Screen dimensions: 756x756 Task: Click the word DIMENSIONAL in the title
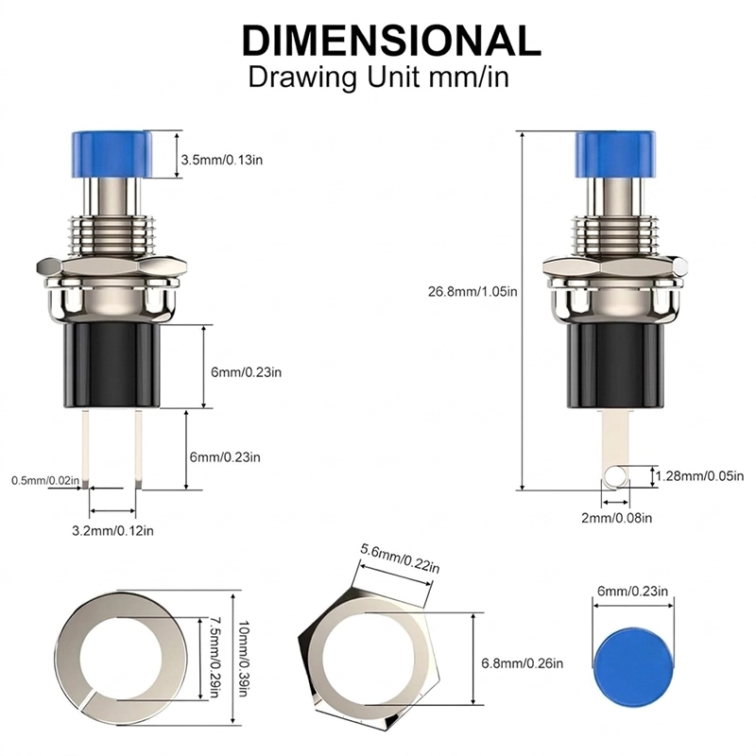[x=391, y=41]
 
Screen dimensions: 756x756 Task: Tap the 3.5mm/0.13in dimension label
[x=222, y=160]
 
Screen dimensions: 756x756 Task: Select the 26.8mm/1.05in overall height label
[x=472, y=291]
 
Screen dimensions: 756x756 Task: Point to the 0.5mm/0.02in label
[x=45, y=480]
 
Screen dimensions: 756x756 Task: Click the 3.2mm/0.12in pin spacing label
[x=112, y=530]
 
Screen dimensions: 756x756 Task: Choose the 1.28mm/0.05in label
[x=699, y=476]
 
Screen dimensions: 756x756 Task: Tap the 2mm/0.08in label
[x=617, y=518]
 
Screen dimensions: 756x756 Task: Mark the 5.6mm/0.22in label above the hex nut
[x=400, y=558]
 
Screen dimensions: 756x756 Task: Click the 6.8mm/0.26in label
[x=523, y=663]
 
